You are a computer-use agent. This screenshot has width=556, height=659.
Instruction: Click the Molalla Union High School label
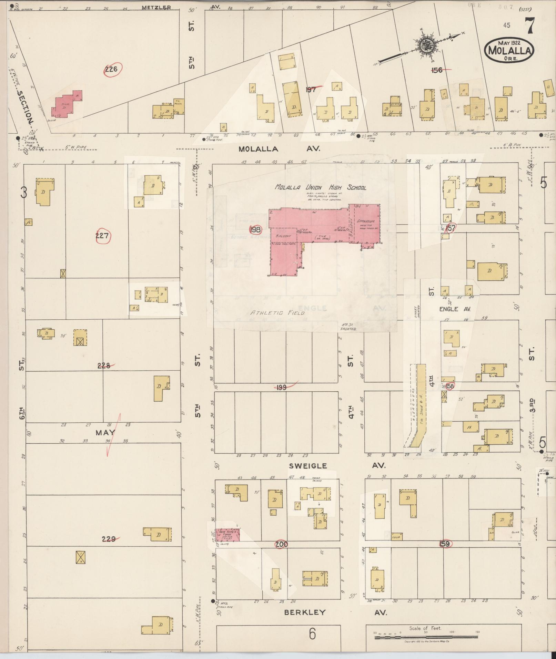[320, 187]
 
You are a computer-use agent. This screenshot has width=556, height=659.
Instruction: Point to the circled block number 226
[111, 70]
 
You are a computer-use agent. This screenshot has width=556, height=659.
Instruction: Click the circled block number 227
[102, 236]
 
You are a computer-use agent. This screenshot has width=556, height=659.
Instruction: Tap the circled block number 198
[256, 229]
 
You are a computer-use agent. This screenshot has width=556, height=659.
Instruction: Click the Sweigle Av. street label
[308, 466]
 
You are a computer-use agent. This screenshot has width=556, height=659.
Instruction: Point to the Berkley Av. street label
[305, 612]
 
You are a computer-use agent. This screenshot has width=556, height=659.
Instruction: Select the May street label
[104, 432]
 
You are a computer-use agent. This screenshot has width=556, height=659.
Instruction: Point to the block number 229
[109, 539]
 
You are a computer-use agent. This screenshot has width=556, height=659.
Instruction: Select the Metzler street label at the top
[156, 7]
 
